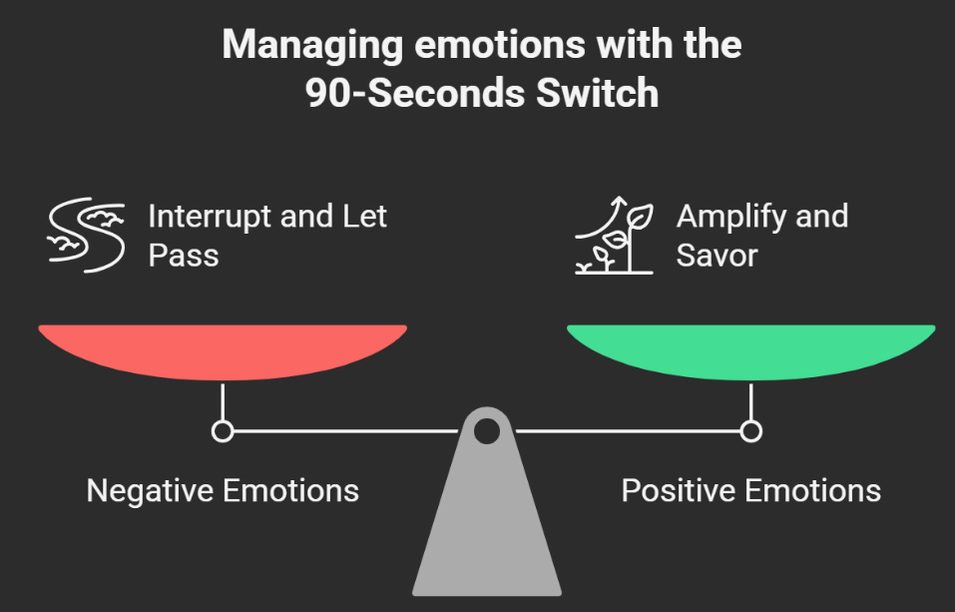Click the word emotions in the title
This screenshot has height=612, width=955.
tap(483, 46)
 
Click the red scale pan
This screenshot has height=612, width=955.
tap(223, 350)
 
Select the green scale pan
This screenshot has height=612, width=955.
tap(750, 350)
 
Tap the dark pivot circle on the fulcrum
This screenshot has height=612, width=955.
tap(486, 431)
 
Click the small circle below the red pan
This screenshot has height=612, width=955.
tap(223, 431)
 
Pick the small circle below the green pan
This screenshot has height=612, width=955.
tap(750, 431)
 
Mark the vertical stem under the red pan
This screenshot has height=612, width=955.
tap(223, 401)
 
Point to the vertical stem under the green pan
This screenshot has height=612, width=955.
tap(750, 401)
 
